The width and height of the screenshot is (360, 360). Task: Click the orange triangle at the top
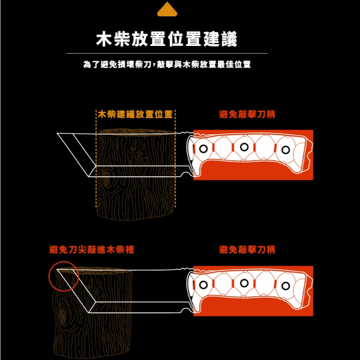(x=167, y=10)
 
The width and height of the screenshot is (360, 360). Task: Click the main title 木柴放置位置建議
(x=167, y=39)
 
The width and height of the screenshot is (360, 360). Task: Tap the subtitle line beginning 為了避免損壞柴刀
(x=167, y=64)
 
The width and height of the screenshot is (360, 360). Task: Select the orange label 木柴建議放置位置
(x=135, y=114)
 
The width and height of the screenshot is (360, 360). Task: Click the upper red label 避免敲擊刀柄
(x=247, y=114)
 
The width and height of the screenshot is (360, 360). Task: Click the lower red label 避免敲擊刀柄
(x=247, y=250)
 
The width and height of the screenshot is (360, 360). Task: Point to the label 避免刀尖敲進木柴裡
(x=91, y=250)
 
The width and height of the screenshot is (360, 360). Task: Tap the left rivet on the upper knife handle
(x=203, y=149)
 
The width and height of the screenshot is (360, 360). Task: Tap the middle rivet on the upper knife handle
(x=244, y=147)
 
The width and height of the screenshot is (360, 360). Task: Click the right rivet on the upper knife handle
(x=286, y=150)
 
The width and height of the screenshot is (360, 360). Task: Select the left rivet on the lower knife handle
(x=203, y=285)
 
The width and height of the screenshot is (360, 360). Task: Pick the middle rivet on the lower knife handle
(x=244, y=283)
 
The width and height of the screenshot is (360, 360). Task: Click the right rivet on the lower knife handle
(x=286, y=286)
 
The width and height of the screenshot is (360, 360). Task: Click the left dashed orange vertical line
(x=96, y=159)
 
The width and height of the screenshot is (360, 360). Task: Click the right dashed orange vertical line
(x=175, y=159)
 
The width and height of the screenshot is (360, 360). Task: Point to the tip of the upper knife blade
(x=57, y=133)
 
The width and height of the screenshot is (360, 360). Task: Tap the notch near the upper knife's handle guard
(x=184, y=174)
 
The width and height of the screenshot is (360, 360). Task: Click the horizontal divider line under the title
(x=167, y=53)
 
